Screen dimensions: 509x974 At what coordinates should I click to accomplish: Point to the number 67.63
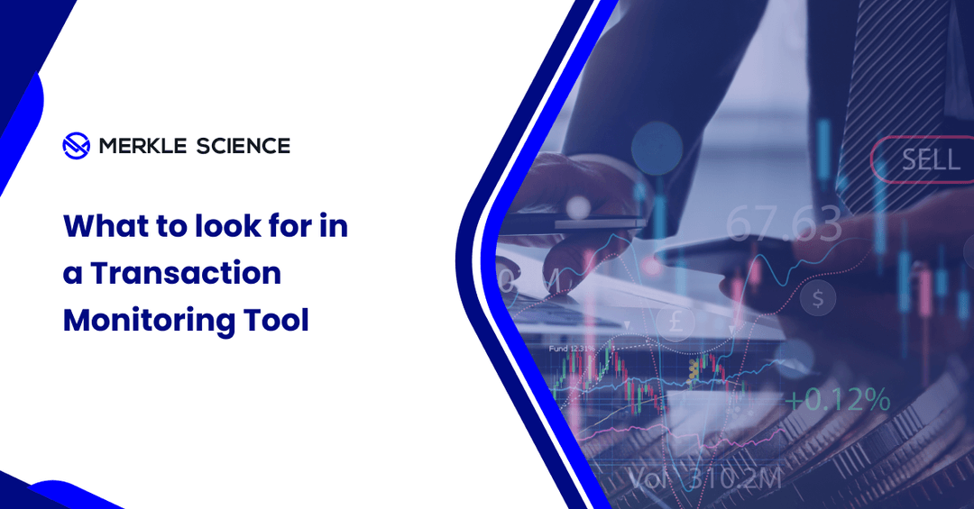[x=783, y=223]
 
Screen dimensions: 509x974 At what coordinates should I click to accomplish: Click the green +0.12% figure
[x=836, y=400]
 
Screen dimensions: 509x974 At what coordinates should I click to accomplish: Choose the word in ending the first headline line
[x=334, y=226]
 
